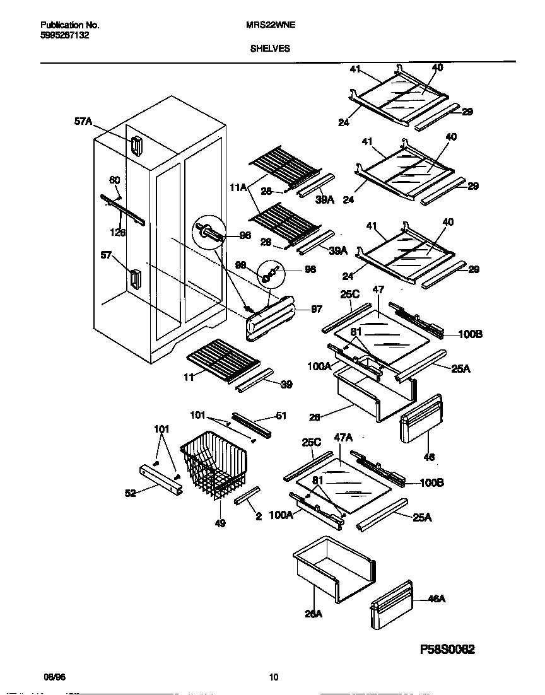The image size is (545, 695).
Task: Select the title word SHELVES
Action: coord(269,47)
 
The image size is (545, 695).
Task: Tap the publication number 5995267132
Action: coord(62,36)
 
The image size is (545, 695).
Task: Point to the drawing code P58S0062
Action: coord(447,648)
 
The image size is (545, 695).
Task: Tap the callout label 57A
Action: coord(83,124)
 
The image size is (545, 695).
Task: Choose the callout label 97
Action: coord(316,310)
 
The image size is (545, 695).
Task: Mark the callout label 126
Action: coord(117,232)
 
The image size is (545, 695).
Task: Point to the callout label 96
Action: coord(245,235)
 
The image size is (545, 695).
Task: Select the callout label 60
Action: coord(114,180)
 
